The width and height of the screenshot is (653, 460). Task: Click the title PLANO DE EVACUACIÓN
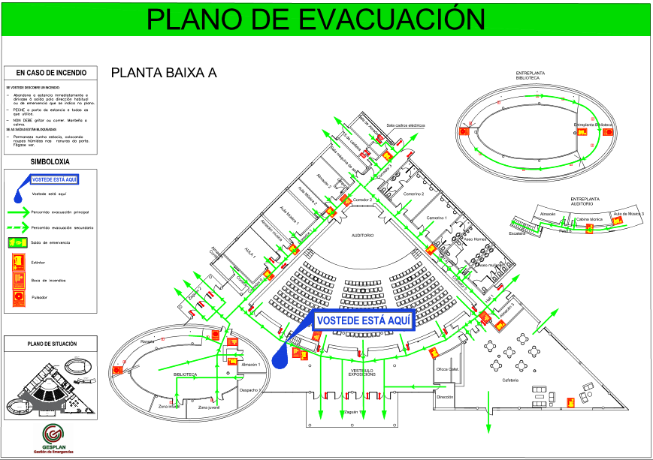click(314, 18)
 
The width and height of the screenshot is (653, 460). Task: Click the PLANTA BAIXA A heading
click(163, 73)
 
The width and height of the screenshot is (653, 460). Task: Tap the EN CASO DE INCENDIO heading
click(51, 73)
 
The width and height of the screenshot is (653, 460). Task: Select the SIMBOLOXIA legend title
click(50, 161)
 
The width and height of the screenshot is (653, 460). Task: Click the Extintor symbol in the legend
click(17, 262)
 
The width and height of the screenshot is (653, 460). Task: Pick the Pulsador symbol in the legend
click(17, 298)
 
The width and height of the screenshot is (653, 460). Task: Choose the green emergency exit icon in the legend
click(17, 242)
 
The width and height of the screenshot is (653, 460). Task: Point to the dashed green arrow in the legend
click(17, 226)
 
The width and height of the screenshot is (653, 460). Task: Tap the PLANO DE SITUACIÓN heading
click(51, 344)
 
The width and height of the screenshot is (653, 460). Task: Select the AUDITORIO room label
click(363, 236)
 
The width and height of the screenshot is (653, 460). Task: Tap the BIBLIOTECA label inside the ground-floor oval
click(185, 373)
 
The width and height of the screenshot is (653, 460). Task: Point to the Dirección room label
click(445, 397)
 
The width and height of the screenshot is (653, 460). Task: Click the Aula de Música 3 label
click(628, 215)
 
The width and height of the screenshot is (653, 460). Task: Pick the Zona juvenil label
click(208, 407)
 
